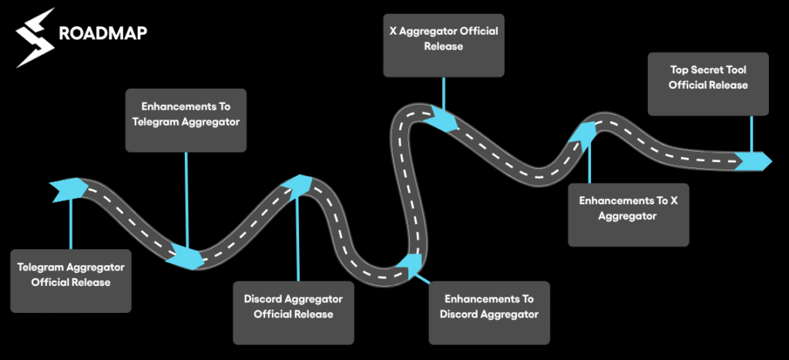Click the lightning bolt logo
click(x=35, y=36)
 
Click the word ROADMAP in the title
click(x=103, y=34)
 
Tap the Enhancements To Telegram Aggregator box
click(x=186, y=120)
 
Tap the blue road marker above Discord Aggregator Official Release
click(x=297, y=184)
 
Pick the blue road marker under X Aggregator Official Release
click(x=443, y=121)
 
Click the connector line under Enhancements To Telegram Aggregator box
click(x=186, y=193)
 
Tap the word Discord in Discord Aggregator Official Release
click(x=264, y=298)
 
